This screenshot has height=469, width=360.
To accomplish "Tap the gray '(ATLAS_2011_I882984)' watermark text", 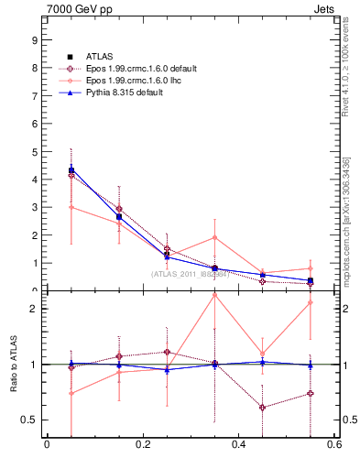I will pos(190,273).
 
